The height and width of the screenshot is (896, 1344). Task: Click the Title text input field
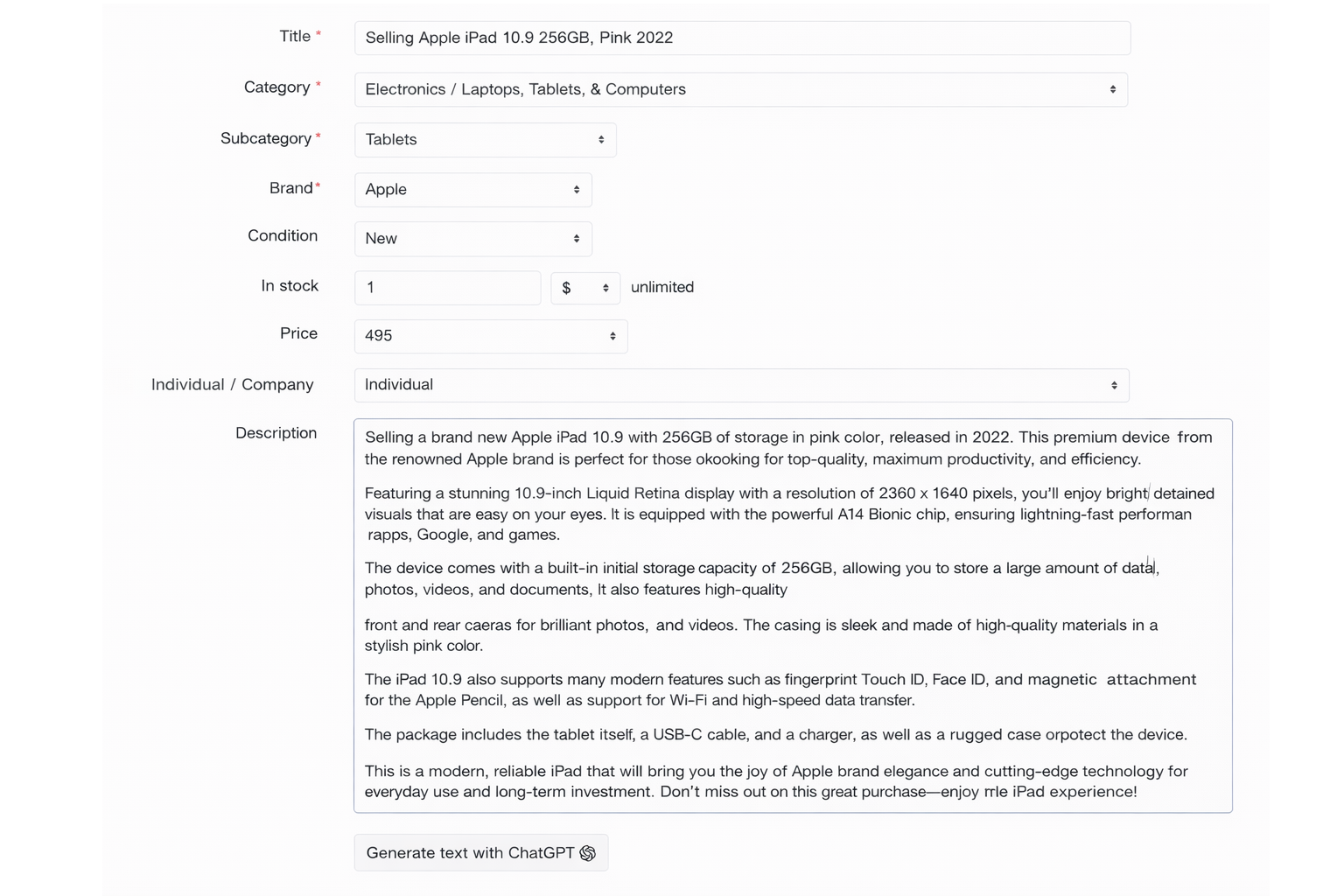pyautogui.click(x=742, y=38)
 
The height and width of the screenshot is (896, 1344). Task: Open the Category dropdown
pyautogui.click(x=740, y=89)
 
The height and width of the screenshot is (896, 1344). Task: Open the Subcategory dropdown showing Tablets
pyautogui.click(x=485, y=140)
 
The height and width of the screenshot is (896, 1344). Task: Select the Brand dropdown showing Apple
pyautogui.click(x=472, y=190)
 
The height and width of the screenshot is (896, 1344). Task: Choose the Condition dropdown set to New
pyautogui.click(x=472, y=239)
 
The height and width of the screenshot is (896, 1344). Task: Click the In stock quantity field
pyautogui.click(x=447, y=288)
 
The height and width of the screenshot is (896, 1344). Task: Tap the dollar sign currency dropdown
pyautogui.click(x=584, y=288)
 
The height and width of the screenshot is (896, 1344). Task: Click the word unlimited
pyautogui.click(x=662, y=288)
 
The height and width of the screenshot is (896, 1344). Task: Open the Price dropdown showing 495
pyautogui.click(x=490, y=336)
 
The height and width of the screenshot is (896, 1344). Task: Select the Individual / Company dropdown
pyautogui.click(x=740, y=385)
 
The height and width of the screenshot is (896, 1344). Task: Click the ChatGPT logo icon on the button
pyautogui.click(x=588, y=853)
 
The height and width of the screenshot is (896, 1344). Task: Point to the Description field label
pyautogui.click(x=276, y=433)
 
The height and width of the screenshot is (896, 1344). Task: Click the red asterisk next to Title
pyautogui.click(x=318, y=35)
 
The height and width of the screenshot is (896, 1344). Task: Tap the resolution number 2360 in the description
pyautogui.click(x=897, y=493)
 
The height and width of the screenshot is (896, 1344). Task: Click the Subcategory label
pyautogui.click(x=266, y=138)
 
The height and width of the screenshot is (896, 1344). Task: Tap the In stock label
pyautogui.click(x=290, y=286)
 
